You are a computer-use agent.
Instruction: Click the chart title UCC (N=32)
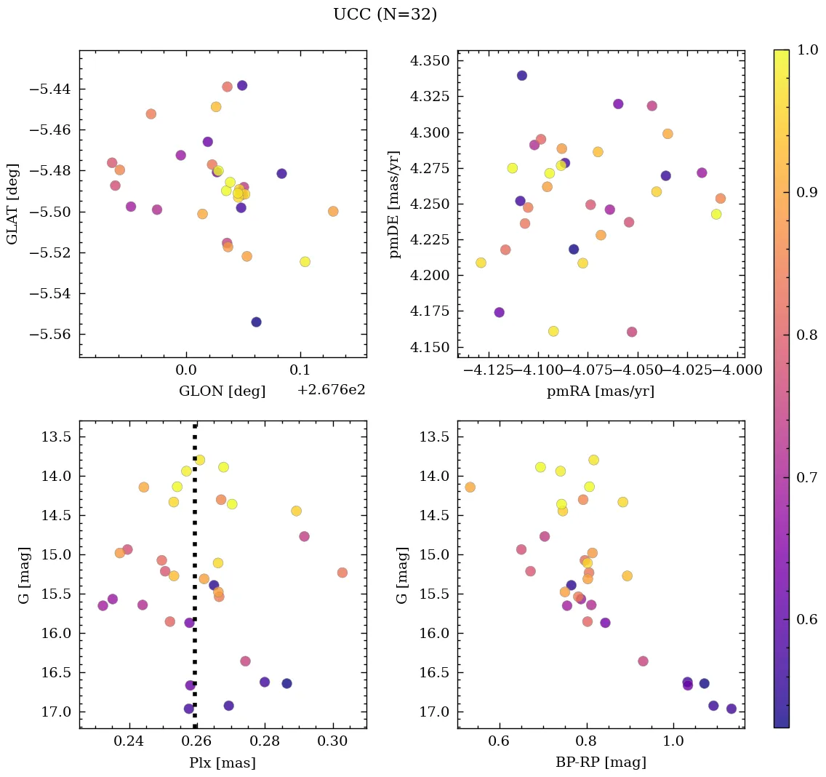pos(385,15)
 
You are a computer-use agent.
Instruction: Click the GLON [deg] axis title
pos(222,391)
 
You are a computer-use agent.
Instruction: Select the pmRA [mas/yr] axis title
pos(600,391)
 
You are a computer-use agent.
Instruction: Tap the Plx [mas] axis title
pos(222,763)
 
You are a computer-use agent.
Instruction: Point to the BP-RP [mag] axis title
pos(600,763)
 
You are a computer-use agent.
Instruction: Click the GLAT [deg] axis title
pos(12,204)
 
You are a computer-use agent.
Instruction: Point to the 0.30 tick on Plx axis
pos(334,743)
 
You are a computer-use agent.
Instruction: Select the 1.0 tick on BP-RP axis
pos(673,743)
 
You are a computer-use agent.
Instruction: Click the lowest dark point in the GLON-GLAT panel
pos(256,322)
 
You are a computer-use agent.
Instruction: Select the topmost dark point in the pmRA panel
pos(521,76)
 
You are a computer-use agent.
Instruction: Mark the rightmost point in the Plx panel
pos(342,573)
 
